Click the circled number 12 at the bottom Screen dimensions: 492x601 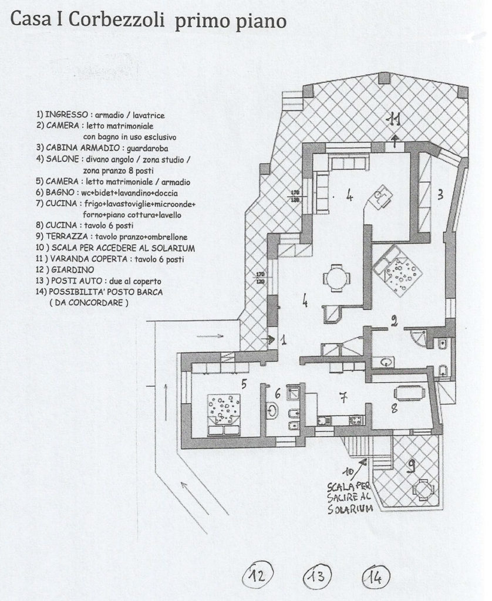coord(258,575)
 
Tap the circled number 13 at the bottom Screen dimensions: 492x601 coord(317,576)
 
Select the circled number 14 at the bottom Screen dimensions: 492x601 coord(376,577)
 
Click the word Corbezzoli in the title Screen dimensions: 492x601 coord(117,19)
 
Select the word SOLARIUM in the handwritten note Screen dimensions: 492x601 coord(350,509)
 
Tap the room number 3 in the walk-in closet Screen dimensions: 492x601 coord(440,194)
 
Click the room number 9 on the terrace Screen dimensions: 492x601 coord(412,465)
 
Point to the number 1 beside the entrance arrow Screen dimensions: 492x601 coord(283,339)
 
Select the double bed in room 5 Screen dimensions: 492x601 coord(224,415)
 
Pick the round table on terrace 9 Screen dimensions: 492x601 coord(423,489)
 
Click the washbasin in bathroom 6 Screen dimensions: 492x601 coord(272,410)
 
